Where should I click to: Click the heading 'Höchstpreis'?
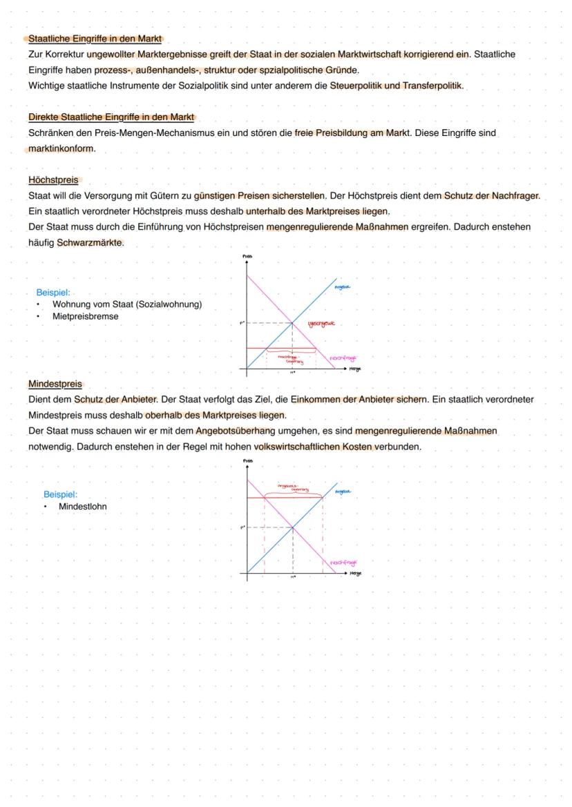pyautogui.click(x=53, y=180)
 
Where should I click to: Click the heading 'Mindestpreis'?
pyautogui.click(x=55, y=384)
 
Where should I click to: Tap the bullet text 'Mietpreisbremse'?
pyautogui.click(x=85, y=316)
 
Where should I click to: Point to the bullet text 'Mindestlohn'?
pyautogui.click(x=82, y=506)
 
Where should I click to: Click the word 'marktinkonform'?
pyautogui.click(x=61, y=148)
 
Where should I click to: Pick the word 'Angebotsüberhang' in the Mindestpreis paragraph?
pyautogui.click(x=235, y=431)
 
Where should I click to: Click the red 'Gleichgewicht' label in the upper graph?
pyautogui.click(x=321, y=323)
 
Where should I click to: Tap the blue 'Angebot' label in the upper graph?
pyautogui.click(x=342, y=286)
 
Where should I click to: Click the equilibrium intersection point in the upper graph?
pyautogui.click(x=292, y=322)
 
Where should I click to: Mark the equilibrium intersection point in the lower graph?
pyautogui.click(x=292, y=527)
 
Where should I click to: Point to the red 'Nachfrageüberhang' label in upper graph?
pyautogui.click(x=290, y=358)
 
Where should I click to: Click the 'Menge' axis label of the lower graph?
pyautogui.click(x=356, y=573)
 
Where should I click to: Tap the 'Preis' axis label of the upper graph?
pyautogui.click(x=247, y=257)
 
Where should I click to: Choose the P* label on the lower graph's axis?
pyautogui.click(x=242, y=527)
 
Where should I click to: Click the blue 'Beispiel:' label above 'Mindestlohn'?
pyautogui.click(x=60, y=494)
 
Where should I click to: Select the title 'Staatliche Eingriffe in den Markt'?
pyautogui.click(x=95, y=39)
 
